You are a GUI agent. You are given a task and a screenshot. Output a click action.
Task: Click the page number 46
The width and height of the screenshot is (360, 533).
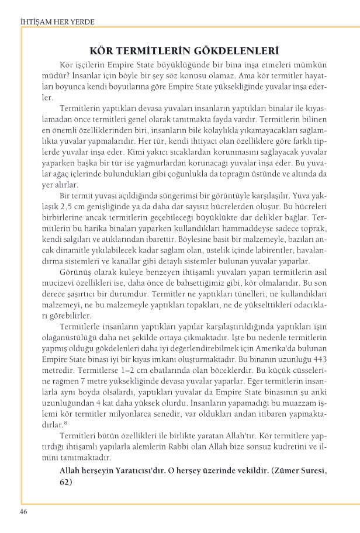23,513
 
